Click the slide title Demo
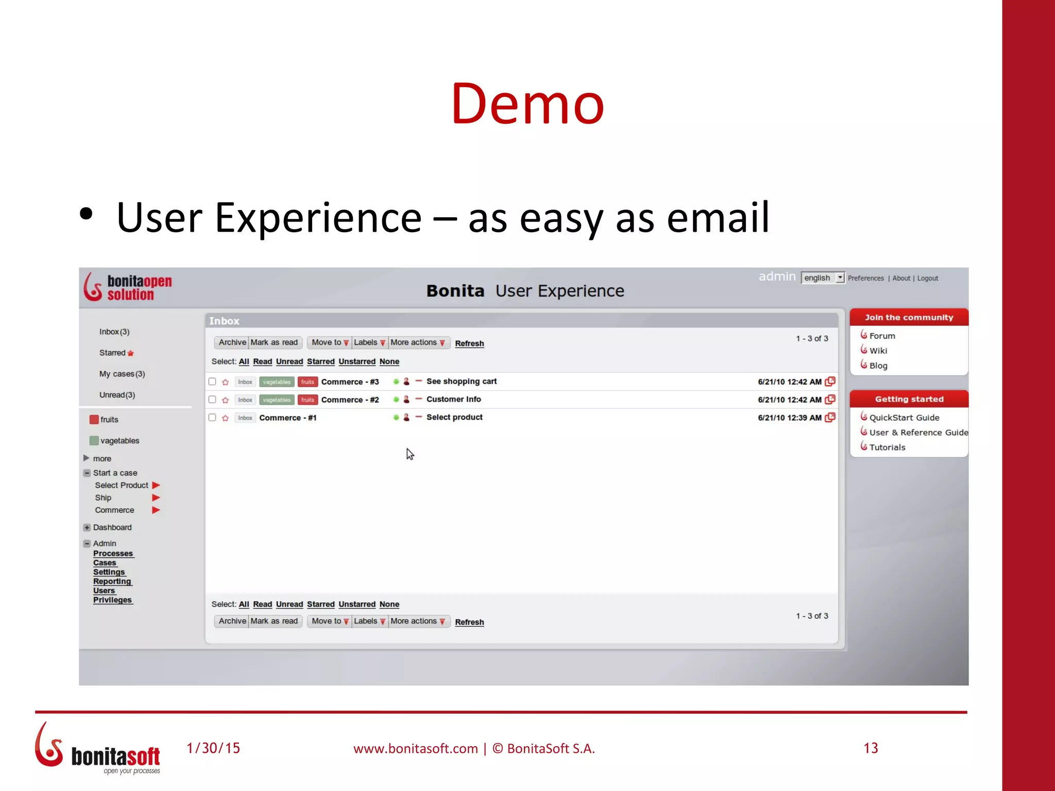coord(527,104)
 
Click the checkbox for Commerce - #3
coord(212,382)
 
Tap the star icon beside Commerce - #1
coord(225,418)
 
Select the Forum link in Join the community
coord(882,336)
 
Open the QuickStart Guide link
coord(904,418)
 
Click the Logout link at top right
coord(927,278)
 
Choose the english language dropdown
coord(823,278)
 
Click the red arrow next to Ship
coord(156,497)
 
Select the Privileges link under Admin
coord(112,600)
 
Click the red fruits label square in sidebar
coord(94,419)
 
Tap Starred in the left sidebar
coord(112,353)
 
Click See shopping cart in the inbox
coord(461,382)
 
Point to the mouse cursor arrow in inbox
coord(410,454)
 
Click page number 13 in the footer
coord(871,748)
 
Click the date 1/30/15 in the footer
coord(213,748)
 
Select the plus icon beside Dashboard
coord(87,527)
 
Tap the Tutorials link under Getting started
coord(887,448)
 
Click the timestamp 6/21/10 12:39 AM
coord(789,418)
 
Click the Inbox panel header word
coord(224,321)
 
